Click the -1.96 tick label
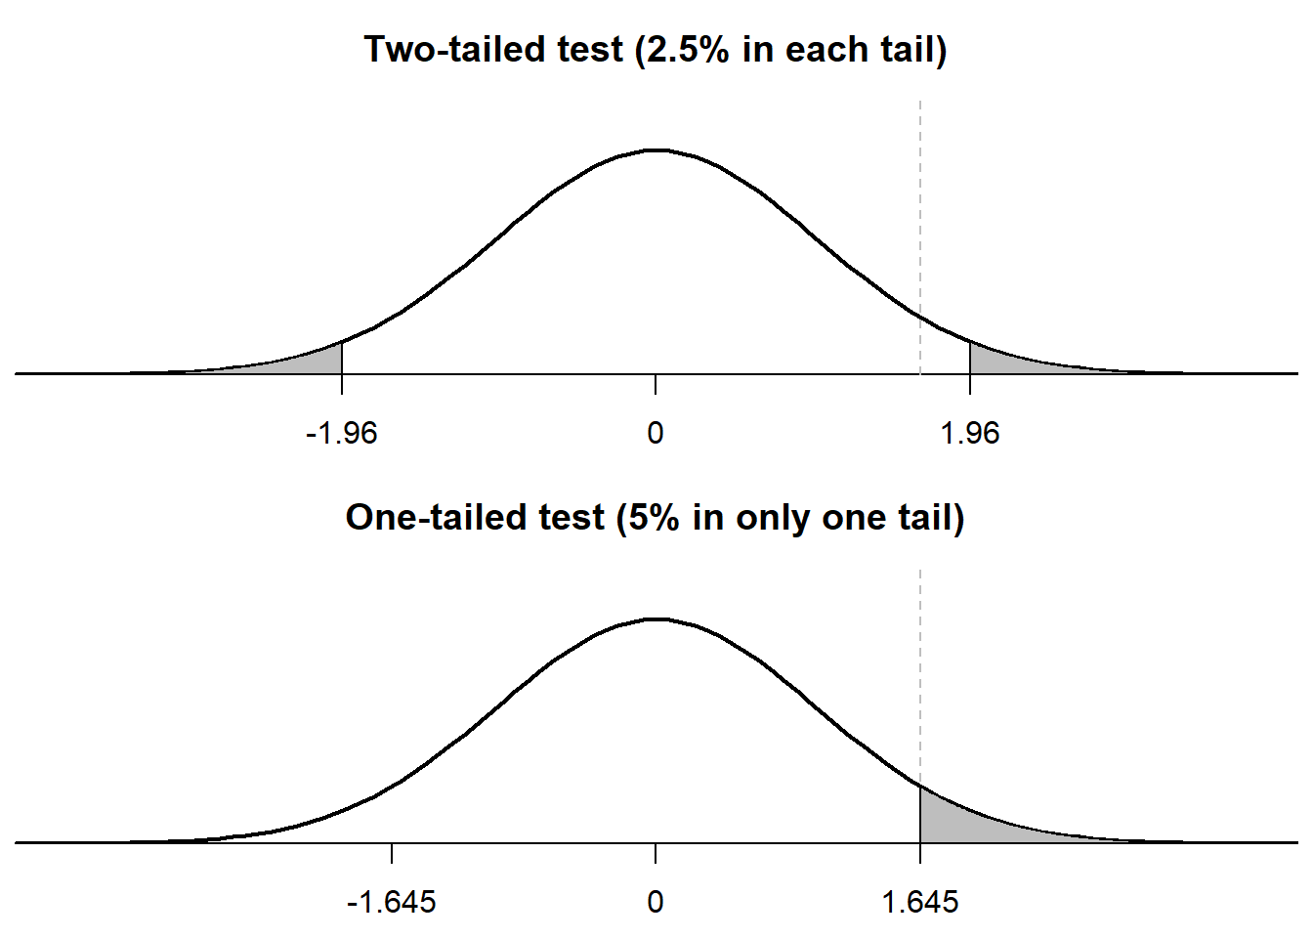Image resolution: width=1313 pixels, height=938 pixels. pos(341,433)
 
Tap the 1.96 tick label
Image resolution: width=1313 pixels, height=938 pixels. pos(969,433)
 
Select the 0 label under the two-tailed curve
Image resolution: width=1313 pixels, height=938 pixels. pos(656,433)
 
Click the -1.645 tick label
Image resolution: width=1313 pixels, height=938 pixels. pos(391,901)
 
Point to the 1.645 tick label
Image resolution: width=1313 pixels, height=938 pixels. pos(920,901)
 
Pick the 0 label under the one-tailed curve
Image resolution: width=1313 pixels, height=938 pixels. pos(656,901)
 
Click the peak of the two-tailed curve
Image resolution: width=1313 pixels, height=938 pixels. pos(656,150)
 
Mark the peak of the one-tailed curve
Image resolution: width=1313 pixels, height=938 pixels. pos(656,618)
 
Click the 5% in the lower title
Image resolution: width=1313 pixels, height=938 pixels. pos(654,517)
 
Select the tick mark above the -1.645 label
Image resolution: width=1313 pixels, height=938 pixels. pos(392,853)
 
